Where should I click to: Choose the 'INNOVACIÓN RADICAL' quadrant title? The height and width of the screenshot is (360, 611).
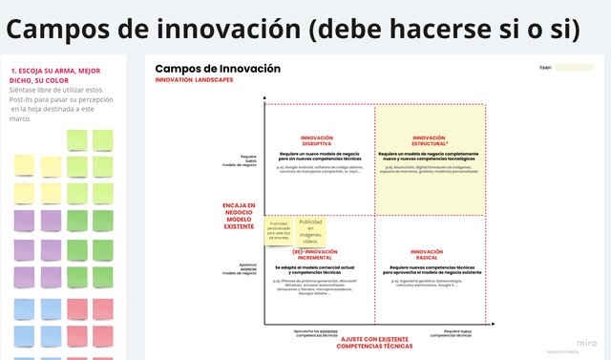pyautogui.click(x=429, y=254)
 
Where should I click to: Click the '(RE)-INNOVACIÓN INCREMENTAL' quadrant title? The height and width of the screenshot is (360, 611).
pyautogui.click(x=316, y=254)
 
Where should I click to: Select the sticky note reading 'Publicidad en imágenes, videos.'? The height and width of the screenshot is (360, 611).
pyautogui.click(x=310, y=231)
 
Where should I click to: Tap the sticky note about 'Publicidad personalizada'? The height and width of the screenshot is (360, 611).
pyautogui.click(x=279, y=230)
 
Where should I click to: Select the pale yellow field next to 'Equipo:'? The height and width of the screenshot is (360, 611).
pyautogui.click(x=574, y=68)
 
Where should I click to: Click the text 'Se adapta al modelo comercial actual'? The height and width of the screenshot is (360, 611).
pyautogui.click(x=316, y=267)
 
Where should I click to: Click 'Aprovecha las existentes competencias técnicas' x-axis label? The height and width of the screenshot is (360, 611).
pyautogui.click(x=316, y=333)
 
